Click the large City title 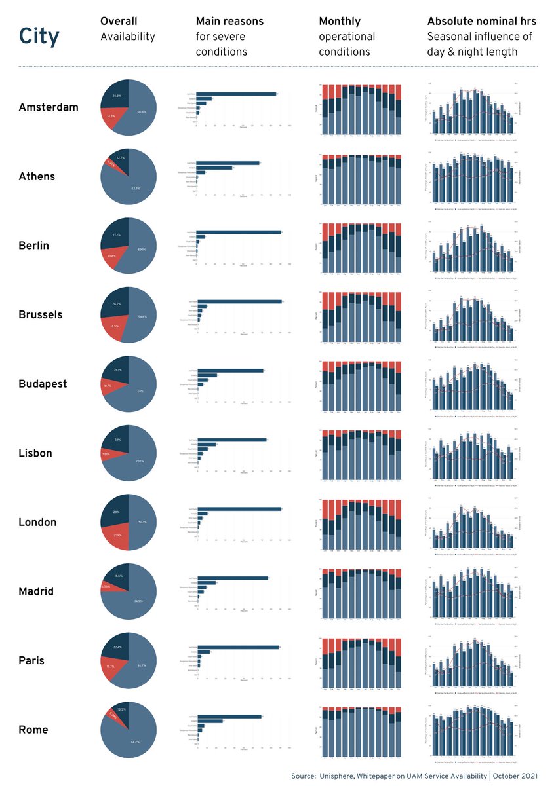(x=39, y=37)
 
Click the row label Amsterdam (x=49, y=107)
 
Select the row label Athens (x=37, y=177)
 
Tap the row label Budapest (x=43, y=384)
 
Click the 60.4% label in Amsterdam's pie (x=142, y=112)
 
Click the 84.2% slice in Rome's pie (x=134, y=743)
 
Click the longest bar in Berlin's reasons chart (x=239, y=232)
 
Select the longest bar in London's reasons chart (x=239, y=508)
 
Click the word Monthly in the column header (x=340, y=22)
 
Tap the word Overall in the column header (x=119, y=22)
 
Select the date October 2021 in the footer (x=516, y=776)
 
